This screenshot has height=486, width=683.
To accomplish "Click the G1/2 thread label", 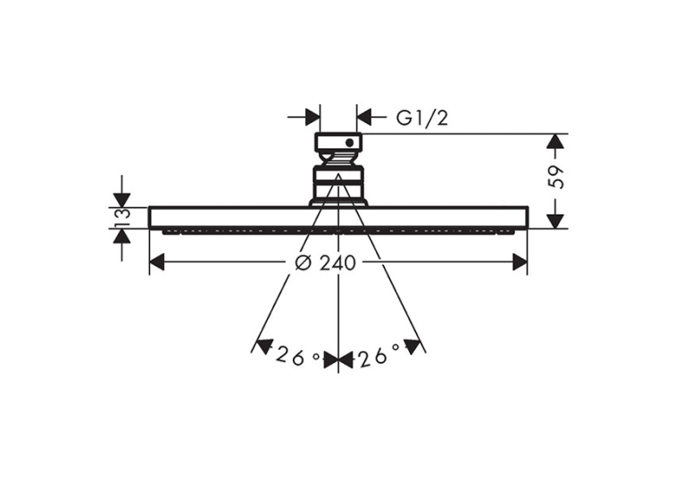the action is [421, 118].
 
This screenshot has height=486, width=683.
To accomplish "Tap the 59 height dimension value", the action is [555, 177].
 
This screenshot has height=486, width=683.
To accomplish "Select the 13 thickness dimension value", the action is [122, 218].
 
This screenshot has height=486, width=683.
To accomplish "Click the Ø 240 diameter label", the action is [325, 263].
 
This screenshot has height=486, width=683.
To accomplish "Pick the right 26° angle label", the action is [379, 355].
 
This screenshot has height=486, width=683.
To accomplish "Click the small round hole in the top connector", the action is [349, 143].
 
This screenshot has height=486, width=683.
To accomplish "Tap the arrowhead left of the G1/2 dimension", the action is [312, 117].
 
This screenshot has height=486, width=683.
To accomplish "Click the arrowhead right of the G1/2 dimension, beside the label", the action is [364, 117].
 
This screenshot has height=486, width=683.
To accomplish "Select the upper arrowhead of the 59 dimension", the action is [555, 142].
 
